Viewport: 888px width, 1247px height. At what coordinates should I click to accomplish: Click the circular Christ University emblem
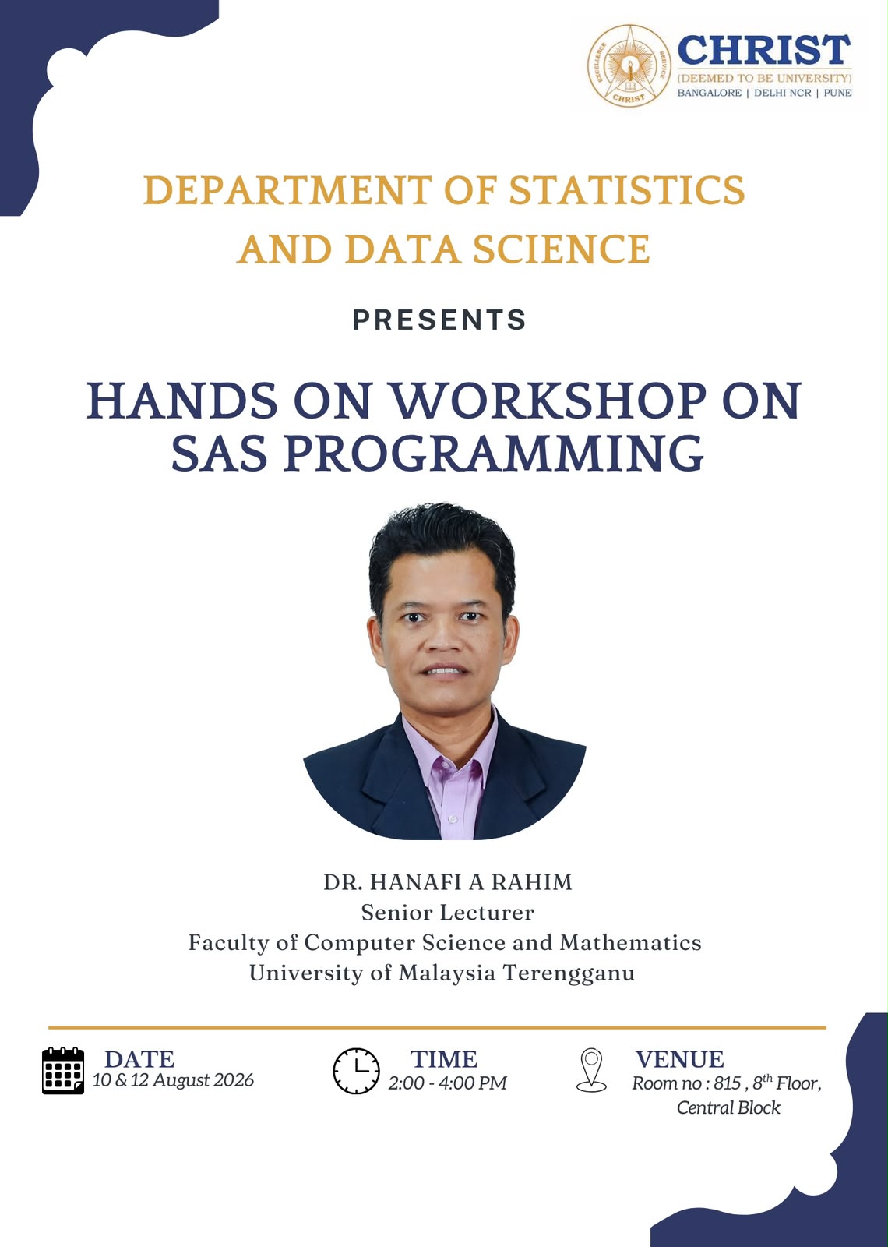pos(629,65)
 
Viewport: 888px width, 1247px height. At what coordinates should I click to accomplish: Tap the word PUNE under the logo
pos(837,93)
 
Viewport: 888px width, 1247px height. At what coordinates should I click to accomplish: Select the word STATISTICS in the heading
pos(627,190)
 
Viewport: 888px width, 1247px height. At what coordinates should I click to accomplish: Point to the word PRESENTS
pos(439,320)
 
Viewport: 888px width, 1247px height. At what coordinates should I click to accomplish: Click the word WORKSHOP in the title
pos(548,401)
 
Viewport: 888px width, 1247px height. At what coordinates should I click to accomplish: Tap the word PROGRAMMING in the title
pos(494,453)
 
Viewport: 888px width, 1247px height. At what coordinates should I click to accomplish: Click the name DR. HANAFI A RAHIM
pos(448,882)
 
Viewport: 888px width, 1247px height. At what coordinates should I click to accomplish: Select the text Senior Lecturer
pos(447,913)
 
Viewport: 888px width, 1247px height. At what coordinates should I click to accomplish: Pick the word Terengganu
pos(569,974)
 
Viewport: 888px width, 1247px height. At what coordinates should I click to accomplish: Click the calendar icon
pos(63,1071)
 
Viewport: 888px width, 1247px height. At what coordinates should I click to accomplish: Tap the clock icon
pos(356,1071)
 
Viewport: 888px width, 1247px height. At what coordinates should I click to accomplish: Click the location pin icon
pos(591,1070)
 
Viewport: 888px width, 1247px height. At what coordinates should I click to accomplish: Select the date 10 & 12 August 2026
pos(173,1080)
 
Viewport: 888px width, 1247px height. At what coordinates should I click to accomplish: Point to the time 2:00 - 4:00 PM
pos(447,1083)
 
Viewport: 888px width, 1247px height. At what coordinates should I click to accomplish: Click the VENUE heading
pos(679,1059)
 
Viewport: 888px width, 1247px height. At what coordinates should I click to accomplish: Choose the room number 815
pos(727,1083)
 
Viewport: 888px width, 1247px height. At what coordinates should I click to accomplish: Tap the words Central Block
pos(728,1107)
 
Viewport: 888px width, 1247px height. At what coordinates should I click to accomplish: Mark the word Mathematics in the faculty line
pos(630,943)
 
